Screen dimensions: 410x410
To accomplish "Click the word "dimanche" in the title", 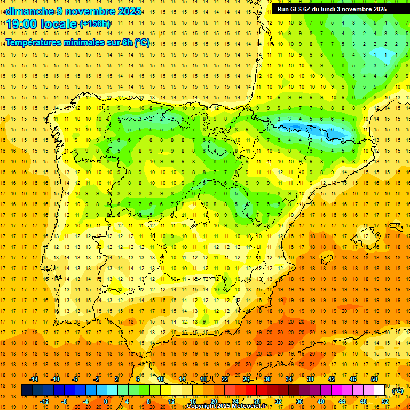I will point(30,11).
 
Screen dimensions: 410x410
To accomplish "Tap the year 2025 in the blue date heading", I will point(129,11).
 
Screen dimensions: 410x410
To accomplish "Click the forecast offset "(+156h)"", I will point(95,24).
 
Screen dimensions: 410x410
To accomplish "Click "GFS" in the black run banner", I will point(296,9).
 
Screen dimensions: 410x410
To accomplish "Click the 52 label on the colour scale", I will point(385,401).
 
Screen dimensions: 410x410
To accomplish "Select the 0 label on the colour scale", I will point(106,401).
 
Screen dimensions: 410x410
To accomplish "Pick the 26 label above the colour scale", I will point(246,379).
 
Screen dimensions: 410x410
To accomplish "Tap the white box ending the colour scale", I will point(380,390).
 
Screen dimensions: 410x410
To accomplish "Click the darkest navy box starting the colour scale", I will point(27,390).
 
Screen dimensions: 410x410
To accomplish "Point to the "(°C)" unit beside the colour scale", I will point(398,391).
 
